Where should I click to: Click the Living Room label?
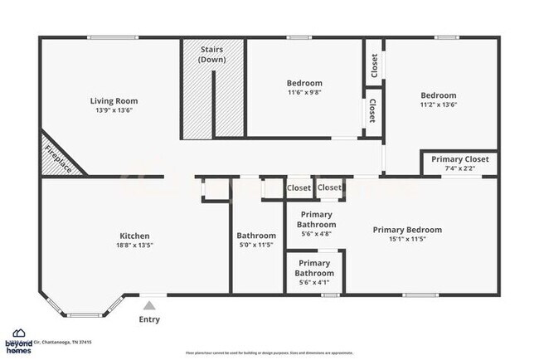click(113, 100)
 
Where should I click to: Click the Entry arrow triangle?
click(149, 306)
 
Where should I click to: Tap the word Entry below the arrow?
click(149, 319)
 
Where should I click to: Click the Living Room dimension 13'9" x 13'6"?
click(113, 109)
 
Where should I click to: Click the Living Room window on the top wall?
click(114, 36)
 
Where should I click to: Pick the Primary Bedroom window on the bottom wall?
click(420, 294)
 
